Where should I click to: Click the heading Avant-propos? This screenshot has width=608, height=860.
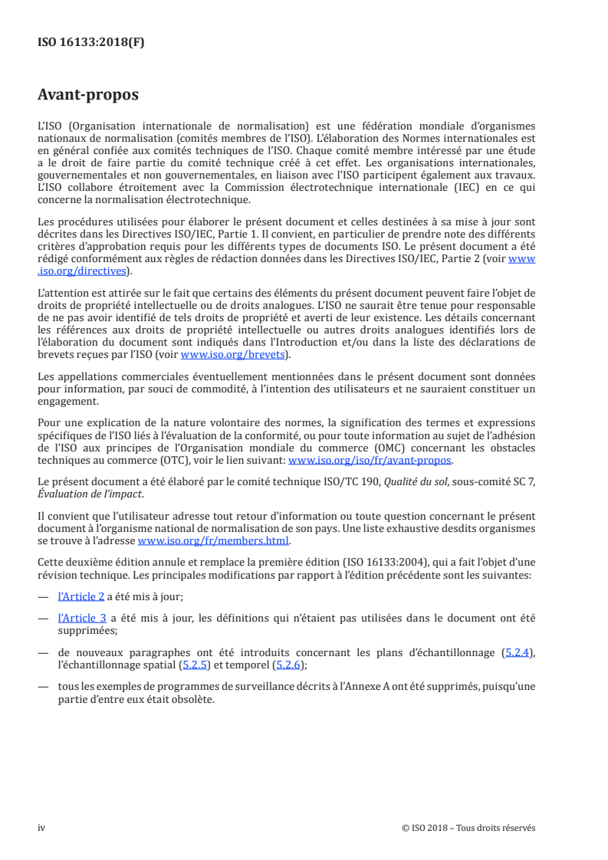[x=88, y=95]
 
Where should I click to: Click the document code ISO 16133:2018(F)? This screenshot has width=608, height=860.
[x=91, y=43]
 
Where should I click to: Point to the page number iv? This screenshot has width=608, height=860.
[x=41, y=827]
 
